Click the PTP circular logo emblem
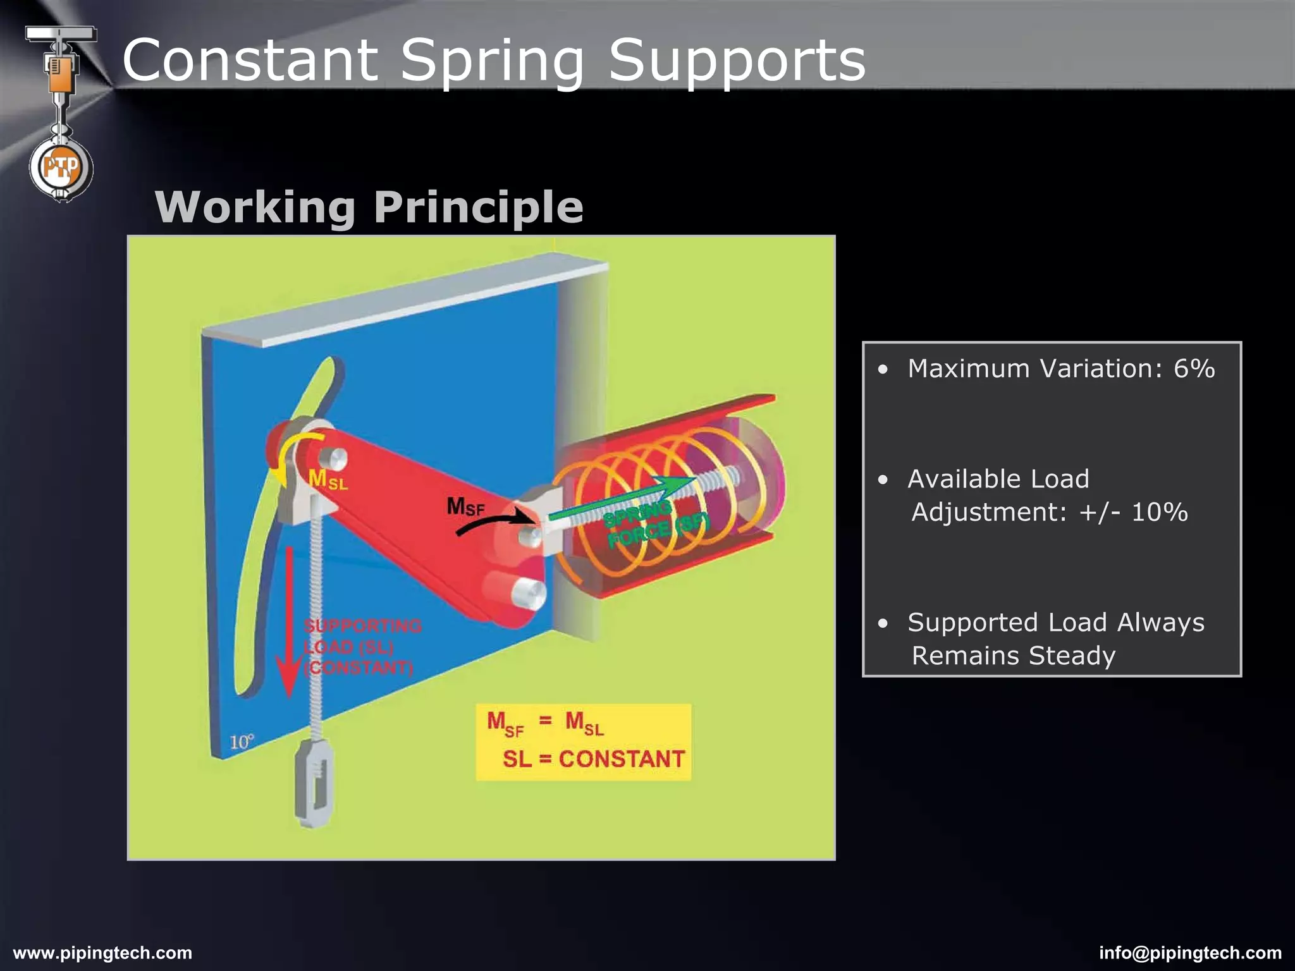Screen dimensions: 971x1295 coord(61,168)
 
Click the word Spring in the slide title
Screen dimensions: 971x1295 coord(492,61)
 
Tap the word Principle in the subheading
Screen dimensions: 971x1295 coord(478,207)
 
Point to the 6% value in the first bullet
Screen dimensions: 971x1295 coord(1194,369)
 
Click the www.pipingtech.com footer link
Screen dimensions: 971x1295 coord(102,953)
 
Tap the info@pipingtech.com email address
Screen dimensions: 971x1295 coord(1190,953)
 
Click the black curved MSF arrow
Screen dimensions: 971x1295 coord(494,521)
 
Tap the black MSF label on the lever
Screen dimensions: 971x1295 coord(465,506)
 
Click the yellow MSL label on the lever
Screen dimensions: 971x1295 coord(327,480)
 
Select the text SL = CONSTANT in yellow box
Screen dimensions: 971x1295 coord(593,759)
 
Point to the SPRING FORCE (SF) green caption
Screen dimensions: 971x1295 coord(654,522)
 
